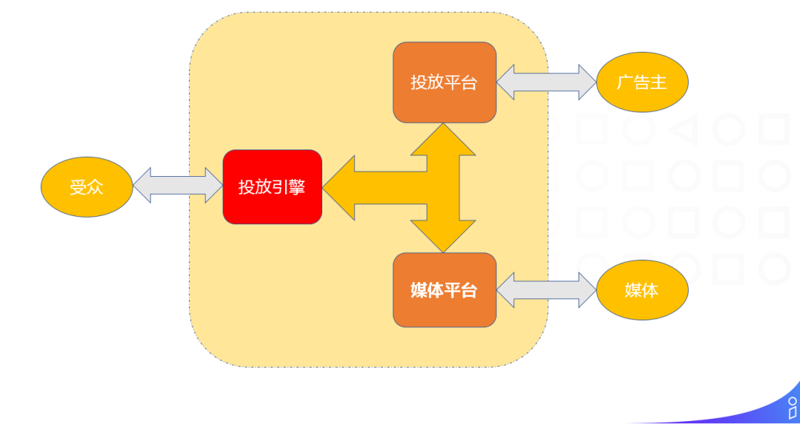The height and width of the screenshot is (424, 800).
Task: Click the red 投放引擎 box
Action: [272, 187]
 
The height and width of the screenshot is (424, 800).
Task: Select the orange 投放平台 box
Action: [444, 82]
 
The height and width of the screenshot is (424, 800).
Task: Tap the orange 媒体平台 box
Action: [444, 290]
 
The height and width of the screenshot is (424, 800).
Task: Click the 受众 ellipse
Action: [86, 187]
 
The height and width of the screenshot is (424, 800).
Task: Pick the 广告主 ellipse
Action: [642, 82]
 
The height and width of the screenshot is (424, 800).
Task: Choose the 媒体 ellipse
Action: [642, 290]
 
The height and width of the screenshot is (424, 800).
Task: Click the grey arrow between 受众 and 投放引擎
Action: [178, 185]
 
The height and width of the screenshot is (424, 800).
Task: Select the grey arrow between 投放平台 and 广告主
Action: [546, 82]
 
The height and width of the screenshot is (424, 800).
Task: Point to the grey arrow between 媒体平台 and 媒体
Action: [546, 290]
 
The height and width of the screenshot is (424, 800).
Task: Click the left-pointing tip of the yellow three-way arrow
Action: [330, 187]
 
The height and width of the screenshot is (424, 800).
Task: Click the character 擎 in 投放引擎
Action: [296, 187]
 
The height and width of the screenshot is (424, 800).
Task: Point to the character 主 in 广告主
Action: [659, 82]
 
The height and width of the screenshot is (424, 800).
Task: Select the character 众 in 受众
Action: [95, 187]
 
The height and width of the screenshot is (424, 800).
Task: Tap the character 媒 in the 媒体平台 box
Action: [419, 290]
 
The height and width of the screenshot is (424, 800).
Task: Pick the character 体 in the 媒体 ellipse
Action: [650, 290]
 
